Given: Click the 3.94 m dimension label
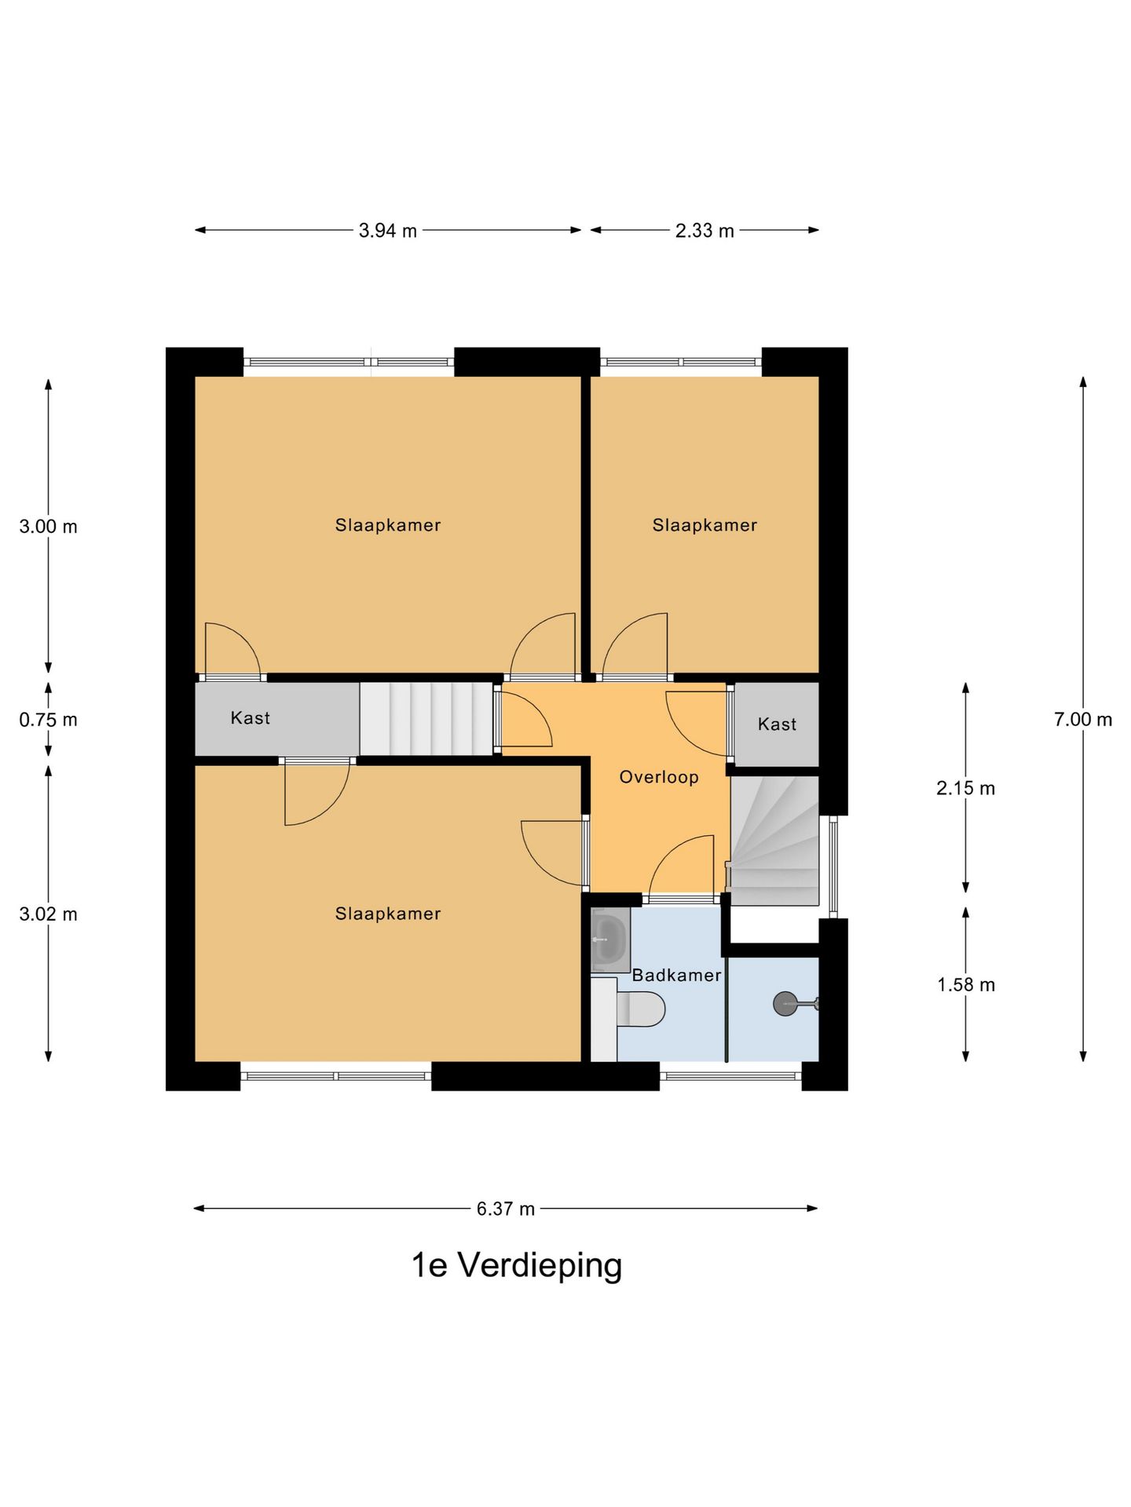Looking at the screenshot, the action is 387,231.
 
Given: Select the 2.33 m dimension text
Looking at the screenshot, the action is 705,231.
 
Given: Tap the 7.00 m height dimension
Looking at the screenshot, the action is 1083,719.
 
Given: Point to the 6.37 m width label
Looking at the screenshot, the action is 505,1209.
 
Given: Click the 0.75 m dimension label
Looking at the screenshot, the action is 48,720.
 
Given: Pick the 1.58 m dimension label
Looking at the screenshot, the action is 966,985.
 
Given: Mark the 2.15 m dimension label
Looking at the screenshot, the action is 965,788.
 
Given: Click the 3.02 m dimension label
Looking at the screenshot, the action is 48,914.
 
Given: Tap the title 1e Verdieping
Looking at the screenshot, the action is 517,1266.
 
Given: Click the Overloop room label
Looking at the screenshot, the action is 659,777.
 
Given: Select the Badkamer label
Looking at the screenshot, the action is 676,975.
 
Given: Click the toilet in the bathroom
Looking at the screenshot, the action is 640,1009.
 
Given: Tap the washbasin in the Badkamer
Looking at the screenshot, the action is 609,940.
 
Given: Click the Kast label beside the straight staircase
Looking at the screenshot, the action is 251,718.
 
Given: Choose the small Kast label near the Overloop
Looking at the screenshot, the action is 777,724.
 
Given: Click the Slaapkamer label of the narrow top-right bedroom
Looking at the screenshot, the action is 705,525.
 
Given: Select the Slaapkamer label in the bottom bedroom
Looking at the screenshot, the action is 388,914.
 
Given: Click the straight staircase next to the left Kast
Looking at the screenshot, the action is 426,718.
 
